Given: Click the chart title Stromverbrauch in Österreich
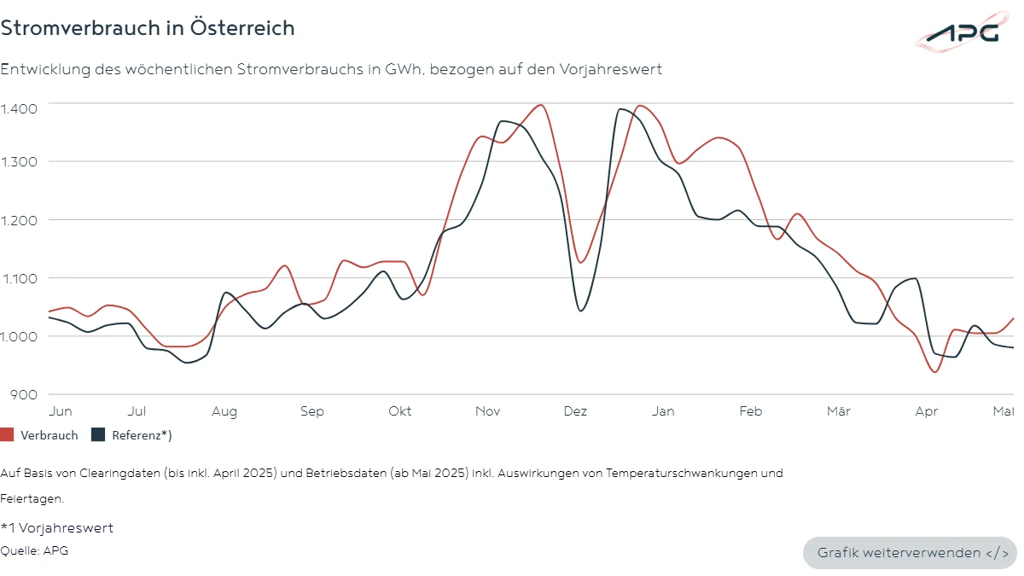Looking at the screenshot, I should click(x=148, y=27).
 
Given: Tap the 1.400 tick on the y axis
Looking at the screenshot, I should click(x=18, y=108).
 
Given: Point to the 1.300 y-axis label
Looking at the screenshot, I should click(x=18, y=161).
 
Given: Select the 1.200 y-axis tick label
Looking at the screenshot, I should click(x=18, y=219).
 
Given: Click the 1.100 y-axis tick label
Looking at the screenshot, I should click(x=18, y=277).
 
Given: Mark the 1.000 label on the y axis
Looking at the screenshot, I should click(x=18, y=335).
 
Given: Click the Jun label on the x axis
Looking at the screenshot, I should click(x=61, y=411).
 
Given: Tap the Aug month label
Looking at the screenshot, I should click(x=224, y=411).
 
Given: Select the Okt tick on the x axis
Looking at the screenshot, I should click(x=399, y=411).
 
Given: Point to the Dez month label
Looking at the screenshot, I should click(x=576, y=411).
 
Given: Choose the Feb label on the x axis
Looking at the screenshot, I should click(x=751, y=411).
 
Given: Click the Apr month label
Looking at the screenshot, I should click(x=926, y=411).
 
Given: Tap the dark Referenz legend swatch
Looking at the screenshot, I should click(x=98, y=435).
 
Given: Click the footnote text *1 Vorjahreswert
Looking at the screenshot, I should click(x=57, y=528).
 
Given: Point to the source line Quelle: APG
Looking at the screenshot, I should click(x=34, y=550).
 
